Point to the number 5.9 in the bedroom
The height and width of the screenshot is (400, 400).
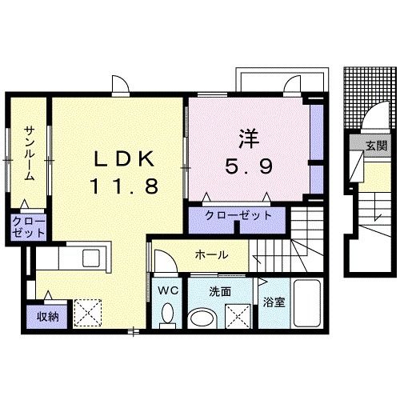pos(248,166)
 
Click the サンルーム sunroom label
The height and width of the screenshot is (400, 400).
pos(30,152)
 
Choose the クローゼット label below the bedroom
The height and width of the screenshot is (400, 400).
pos(238,215)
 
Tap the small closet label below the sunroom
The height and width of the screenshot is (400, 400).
pos(28,226)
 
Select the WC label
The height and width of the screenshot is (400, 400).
pos(167,290)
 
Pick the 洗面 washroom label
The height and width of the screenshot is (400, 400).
pos(220,291)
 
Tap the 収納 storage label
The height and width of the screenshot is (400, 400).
pos(47,315)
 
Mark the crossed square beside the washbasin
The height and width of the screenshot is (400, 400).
pos(238,318)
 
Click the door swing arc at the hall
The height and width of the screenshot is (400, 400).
pos(162,258)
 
